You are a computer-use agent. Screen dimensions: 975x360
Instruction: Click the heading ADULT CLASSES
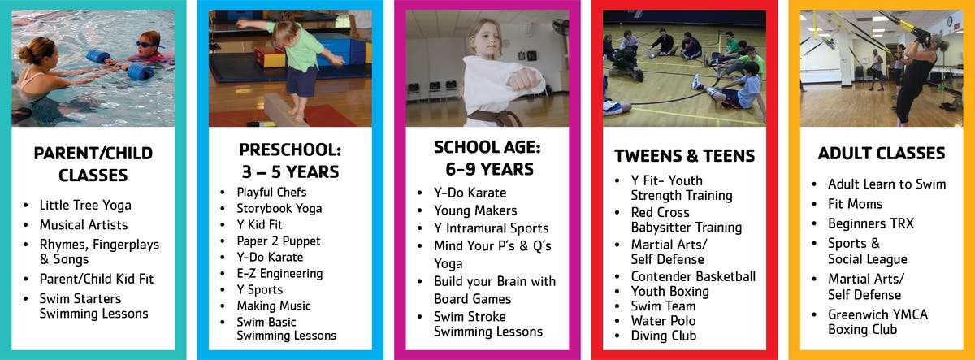click(x=882, y=154)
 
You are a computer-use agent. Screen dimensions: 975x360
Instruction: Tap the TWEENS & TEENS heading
click(x=684, y=156)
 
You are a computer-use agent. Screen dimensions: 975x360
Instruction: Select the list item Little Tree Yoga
click(x=85, y=205)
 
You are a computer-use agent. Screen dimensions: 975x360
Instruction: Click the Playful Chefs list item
click(x=271, y=192)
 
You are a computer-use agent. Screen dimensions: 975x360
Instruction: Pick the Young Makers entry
click(x=475, y=210)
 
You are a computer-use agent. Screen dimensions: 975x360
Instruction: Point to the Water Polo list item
click(x=663, y=321)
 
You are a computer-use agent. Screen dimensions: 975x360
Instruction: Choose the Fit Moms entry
click(x=856, y=204)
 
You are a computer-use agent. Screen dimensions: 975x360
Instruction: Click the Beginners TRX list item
click(x=871, y=223)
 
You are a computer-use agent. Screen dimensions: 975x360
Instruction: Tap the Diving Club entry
click(x=664, y=336)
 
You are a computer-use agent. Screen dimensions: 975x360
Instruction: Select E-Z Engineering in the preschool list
click(x=279, y=273)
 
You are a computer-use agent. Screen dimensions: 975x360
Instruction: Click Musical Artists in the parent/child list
click(x=84, y=224)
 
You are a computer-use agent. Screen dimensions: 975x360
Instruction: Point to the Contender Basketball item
click(x=693, y=276)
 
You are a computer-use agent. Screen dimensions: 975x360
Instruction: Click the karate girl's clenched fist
click(x=524, y=80)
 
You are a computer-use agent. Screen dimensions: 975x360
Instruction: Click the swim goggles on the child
click(x=147, y=45)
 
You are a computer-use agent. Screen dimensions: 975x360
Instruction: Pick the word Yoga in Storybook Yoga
click(x=309, y=209)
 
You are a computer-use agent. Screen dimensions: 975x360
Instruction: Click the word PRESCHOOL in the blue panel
click(x=290, y=150)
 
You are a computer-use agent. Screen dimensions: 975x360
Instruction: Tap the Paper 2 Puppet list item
click(x=279, y=241)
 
